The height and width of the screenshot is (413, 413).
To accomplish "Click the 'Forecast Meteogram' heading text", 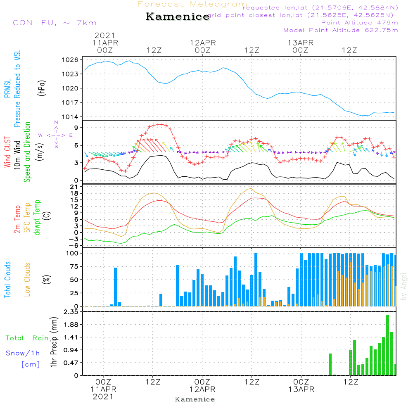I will (192, 5).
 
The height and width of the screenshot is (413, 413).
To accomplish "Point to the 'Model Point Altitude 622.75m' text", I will (341, 30).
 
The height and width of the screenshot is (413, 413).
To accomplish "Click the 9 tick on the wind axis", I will (76, 128).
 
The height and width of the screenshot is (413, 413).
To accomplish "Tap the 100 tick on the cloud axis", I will (72, 253).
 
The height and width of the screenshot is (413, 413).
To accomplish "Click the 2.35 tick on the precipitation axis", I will (71, 312).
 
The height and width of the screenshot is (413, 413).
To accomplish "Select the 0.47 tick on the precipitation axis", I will (71, 363).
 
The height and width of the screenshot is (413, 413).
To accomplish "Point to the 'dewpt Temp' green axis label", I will (37, 218).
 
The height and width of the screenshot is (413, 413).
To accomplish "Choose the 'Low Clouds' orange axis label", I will (27, 279).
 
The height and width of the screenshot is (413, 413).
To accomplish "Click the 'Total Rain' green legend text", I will (27, 338).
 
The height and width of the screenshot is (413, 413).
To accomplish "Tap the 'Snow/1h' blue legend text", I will (23, 354).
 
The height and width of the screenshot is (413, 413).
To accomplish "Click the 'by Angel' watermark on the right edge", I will (404, 287).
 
